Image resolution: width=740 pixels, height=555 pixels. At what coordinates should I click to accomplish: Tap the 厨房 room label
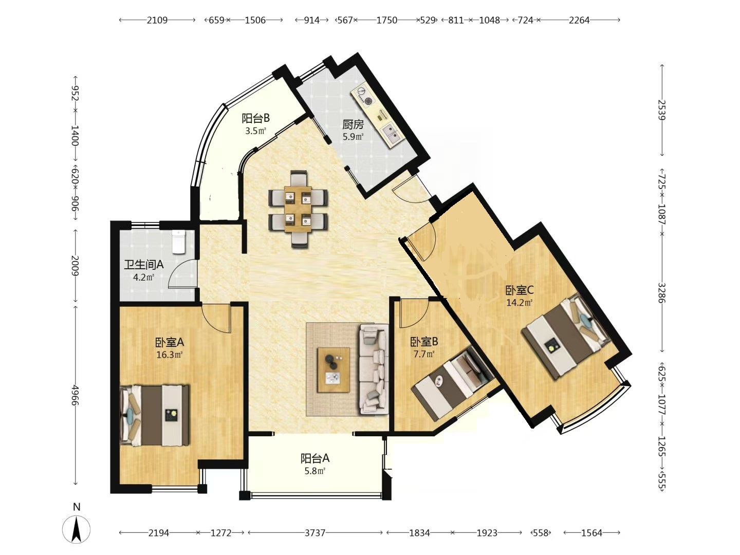pos(353,125)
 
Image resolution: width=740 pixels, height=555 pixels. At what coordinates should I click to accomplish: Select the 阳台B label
pos(256,118)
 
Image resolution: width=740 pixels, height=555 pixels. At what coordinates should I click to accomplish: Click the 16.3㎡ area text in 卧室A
pos(170,355)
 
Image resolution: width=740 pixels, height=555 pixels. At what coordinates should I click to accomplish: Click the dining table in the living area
pos(298,209)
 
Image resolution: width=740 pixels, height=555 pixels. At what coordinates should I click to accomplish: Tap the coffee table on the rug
pos(334,370)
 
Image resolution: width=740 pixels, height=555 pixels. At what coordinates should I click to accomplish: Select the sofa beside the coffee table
pos(374,369)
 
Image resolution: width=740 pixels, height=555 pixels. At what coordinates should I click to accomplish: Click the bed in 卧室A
pos(154,415)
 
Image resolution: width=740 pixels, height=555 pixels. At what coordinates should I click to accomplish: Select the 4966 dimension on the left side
pos(75,395)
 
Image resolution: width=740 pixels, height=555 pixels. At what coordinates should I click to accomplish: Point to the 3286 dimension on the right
pos(662,293)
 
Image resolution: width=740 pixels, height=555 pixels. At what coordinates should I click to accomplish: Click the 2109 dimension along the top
pos(157,20)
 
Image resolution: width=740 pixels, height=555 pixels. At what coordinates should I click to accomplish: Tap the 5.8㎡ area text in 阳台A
pos(315,471)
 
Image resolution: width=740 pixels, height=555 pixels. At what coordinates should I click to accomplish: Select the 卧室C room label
pos(520,290)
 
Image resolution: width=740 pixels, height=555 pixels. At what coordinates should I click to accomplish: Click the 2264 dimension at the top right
pos(579,20)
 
